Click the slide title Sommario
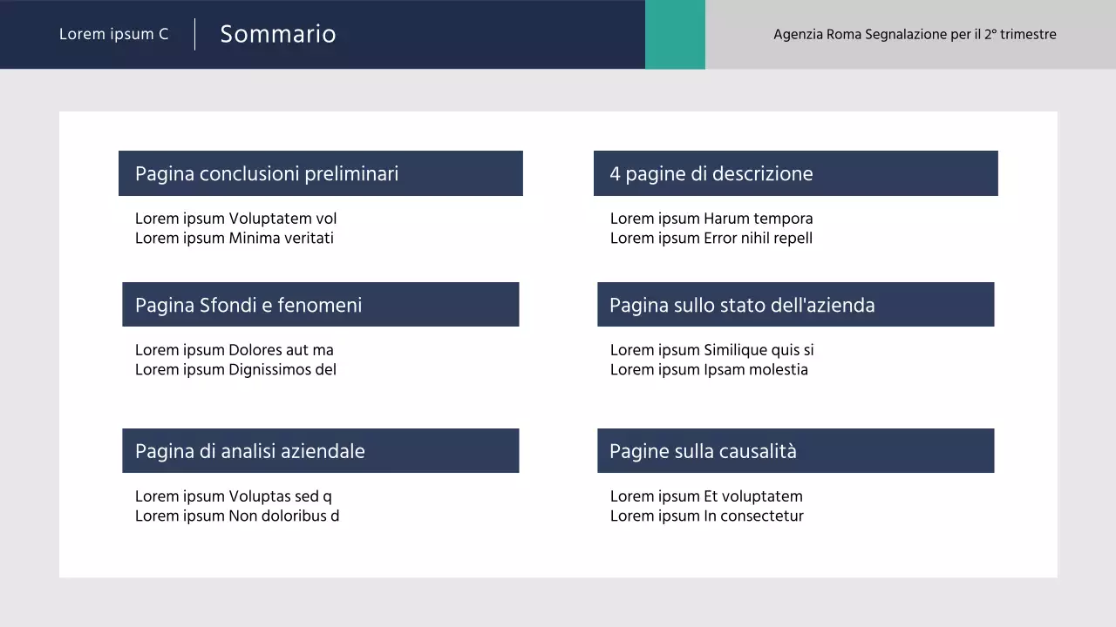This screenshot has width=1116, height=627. coord(277,34)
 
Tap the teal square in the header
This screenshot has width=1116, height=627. coord(675,35)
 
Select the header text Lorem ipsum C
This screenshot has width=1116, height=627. coord(114,35)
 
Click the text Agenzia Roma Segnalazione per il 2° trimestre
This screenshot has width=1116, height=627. coord(915,35)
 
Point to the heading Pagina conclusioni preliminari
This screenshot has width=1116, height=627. coord(267,173)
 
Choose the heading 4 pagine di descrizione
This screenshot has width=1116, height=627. coord(711,173)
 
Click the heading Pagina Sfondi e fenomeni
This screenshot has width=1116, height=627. coord(248,305)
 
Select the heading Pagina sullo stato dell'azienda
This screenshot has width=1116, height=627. coord(742,305)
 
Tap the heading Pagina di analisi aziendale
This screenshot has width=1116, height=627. coord(250,451)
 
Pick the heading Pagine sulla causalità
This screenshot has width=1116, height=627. coord(703,451)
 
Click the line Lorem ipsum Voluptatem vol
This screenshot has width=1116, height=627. coord(235,219)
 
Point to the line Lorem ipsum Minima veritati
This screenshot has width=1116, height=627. coord(235,238)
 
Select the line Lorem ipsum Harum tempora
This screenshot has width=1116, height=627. coord(711,219)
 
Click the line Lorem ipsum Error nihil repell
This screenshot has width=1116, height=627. coord(711,238)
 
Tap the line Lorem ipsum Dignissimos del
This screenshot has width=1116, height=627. coord(235,369)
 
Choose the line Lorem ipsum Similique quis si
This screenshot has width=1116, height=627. coord(712,350)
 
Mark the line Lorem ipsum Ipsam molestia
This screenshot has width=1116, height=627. coord(709,369)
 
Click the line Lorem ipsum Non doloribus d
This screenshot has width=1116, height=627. coord(237,516)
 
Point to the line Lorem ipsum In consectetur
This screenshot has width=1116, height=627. coord(707,516)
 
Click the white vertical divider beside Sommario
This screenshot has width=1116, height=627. coord(194,34)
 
